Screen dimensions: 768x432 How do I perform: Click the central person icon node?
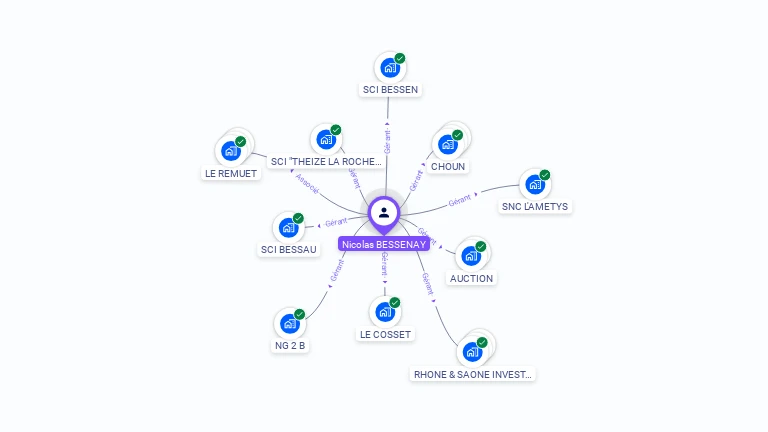tap(384, 212)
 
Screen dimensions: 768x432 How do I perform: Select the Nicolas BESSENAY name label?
tap(384, 244)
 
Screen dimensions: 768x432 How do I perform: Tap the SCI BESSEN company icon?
tap(388, 67)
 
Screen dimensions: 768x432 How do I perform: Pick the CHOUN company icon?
tap(447, 143)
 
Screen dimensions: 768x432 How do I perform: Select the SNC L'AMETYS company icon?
tap(535, 184)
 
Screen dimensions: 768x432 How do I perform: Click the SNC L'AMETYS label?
tap(534, 207)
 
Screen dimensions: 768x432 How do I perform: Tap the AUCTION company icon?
tap(470, 255)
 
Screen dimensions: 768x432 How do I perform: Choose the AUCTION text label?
tap(471, 278)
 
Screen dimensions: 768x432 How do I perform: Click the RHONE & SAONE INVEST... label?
tap(474, 374)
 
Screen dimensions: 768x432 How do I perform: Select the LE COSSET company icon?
tap(384, 311)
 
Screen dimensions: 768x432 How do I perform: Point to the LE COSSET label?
tap(385, 334)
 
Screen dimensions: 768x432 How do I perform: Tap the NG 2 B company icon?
tap(289, 323)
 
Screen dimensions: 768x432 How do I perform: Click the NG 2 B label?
tap(290, 346)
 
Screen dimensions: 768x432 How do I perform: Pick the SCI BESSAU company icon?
tap(288, 227)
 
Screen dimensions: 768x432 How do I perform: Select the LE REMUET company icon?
tap(230, 151)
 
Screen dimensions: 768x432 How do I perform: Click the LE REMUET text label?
tap(231, 174)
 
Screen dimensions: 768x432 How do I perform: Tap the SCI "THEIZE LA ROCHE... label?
tap(326, 161)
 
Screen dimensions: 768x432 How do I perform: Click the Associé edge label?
tap(307, 185)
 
